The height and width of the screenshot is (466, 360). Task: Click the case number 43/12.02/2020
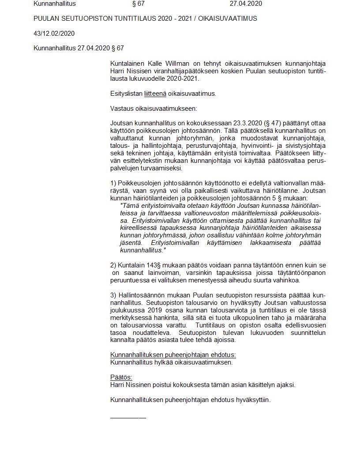(54, 33)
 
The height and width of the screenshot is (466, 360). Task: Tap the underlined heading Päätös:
(121, 377)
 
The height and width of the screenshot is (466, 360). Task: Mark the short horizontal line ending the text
(128, 417)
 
